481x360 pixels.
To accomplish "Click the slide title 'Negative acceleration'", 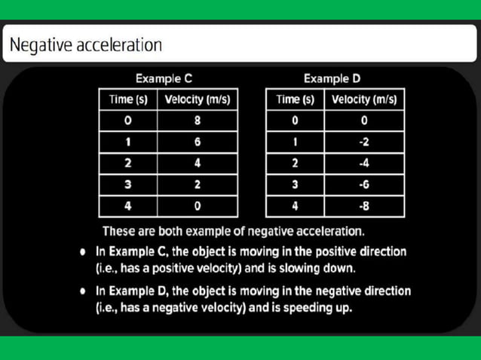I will [x=87, y=44].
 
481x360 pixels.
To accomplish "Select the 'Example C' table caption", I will [x=167, y=78].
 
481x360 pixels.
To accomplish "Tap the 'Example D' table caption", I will [x=332, y=78].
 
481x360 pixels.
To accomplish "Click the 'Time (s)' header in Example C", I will [x=127, y=99].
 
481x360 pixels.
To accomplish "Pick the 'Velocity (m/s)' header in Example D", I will [x=364, y=99].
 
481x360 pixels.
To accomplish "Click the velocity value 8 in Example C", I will [x=197, y=120].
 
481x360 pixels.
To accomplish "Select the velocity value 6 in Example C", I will [x=197, y=141].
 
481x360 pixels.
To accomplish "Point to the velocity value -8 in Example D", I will [x=364, y=205].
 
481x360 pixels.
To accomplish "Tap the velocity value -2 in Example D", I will [x=364, y=141].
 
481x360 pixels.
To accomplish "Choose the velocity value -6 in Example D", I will [x=364, y=184].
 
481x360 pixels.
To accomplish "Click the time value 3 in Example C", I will [x=127, y=184].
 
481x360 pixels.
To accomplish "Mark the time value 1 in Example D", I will [x=295, y=141].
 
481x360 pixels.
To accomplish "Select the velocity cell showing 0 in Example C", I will [x=197, y=205].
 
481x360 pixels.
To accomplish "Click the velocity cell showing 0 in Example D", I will [x=364, y=120].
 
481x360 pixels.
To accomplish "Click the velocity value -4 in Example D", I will [x=364, y=162].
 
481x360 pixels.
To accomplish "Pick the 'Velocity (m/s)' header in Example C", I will [x=197, y=99].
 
